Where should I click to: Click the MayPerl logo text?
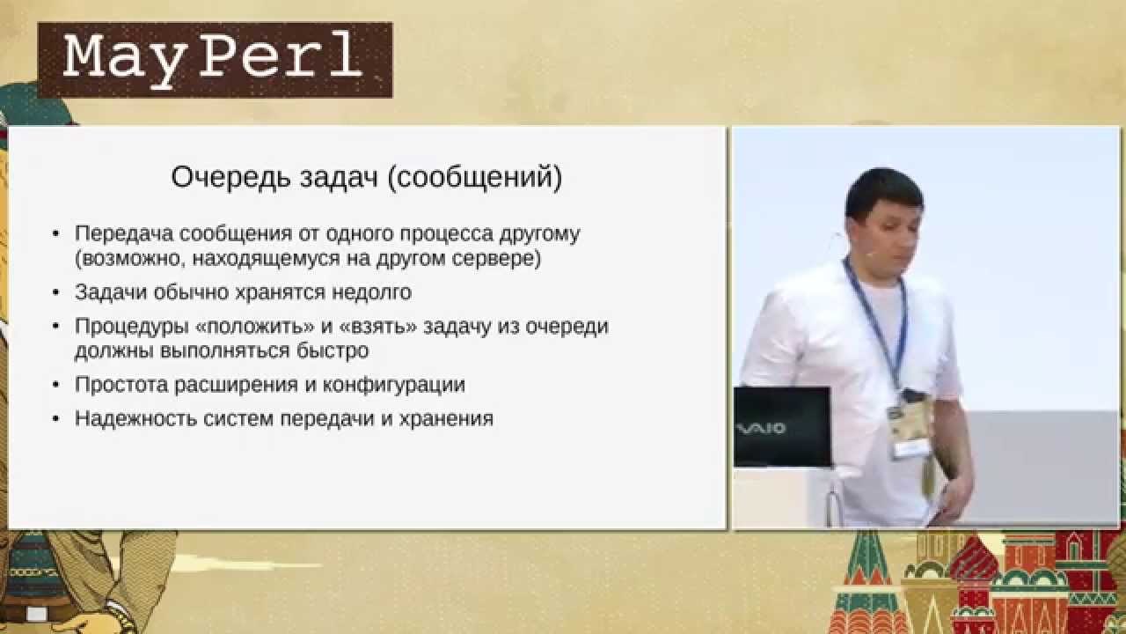click(x=213, y=59)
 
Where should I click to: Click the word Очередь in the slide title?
click(x=230, y=178)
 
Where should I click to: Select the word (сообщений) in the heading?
click(x=475, y=178)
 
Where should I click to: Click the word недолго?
click(x=371, y=292)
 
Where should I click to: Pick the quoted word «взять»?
click(x=378, y=327)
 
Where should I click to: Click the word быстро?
click(x=333, y=350)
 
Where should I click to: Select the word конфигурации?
click(x=393, y=386)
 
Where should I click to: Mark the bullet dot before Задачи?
click(x=55, y=293)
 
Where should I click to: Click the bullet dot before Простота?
click(x=55, y=386)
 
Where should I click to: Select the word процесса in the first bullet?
click(x=446, y=234)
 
